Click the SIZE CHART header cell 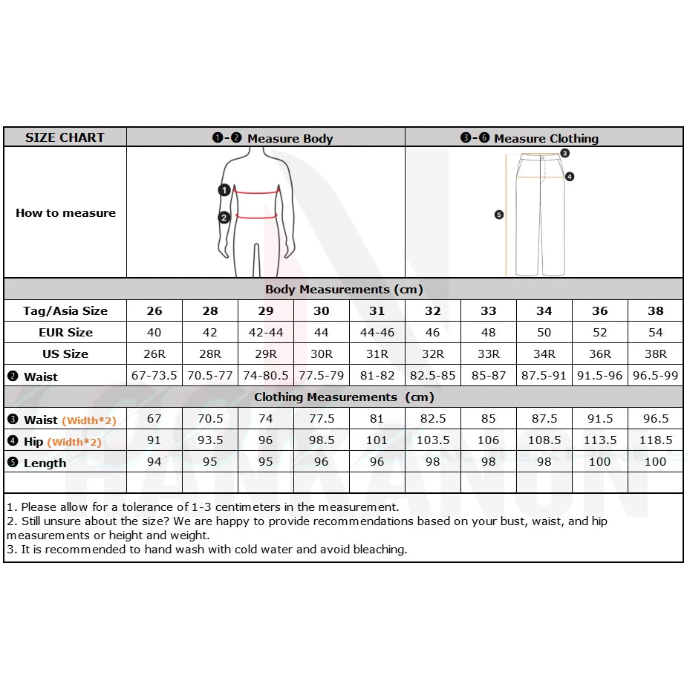[65, 137]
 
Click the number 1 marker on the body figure [224, 190]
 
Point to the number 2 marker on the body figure [224, 218]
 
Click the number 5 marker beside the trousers [499, 215]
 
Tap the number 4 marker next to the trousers [570, 177]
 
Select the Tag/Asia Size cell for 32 [433, 311]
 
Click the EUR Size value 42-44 [266, 333]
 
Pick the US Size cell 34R [544, 354]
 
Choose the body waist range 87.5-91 [544, 376]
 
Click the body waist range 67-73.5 [154, 376]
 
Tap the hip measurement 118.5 [656, 440]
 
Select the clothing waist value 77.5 [322, 419]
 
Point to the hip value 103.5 [433, 440]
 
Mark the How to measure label [65, 213]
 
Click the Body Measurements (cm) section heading [344, 290]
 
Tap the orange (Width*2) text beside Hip [74, 442]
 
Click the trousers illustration [541, 215]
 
